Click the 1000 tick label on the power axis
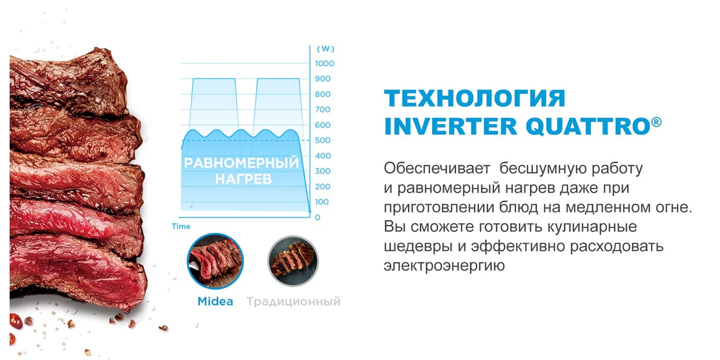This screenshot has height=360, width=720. (x=324, y=63)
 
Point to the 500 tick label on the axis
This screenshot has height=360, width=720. (x=323, y=140)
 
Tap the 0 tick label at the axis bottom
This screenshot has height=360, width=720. (x=318, y=217)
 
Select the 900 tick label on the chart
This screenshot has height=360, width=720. (x=323, y=79)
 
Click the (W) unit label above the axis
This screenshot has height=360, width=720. (x=325, y=49)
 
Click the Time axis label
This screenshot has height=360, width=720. (x=181, y=226)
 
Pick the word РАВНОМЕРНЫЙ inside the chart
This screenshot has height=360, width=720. (x=242, y=163)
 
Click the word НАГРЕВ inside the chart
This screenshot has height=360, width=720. (x=243, y=179)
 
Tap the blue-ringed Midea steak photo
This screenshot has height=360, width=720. (x=215, y=261)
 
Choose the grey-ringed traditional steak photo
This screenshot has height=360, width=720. (x=293, y=261)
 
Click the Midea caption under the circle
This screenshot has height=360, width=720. (x=215, y=301)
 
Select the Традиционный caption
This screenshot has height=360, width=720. (x=293, y=301)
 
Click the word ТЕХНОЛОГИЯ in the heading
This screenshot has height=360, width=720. (x=474, y=99)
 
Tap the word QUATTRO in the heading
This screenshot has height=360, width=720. (x=588, y=126)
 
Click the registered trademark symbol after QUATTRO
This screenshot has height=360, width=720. (x=657, y=122)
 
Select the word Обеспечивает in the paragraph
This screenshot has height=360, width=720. (x=436, y=168)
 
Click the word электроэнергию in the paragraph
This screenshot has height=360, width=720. (x=444, y=265)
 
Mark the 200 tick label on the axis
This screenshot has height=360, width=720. (x=323, y=187)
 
